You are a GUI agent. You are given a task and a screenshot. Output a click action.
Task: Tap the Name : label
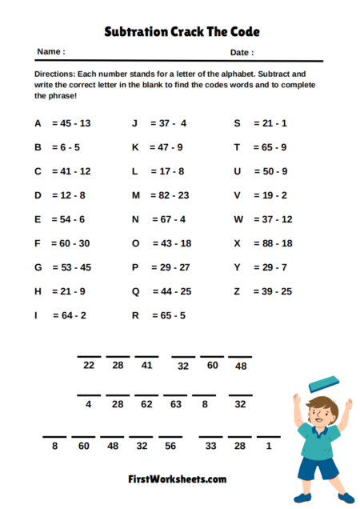(50, 52)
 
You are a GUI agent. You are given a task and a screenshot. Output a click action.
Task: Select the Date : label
(242, 52)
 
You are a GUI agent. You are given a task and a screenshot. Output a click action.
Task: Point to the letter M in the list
(135, 195)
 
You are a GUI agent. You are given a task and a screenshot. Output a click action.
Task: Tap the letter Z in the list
(237, 291)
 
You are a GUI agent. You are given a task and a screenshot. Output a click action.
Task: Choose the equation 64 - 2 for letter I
(70, 315)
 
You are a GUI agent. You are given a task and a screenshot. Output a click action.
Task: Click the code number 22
(89, 365)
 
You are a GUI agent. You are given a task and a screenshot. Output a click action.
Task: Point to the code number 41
(146, 365)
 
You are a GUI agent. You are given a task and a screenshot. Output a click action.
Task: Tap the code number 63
(175, 405)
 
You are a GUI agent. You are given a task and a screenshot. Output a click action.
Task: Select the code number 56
(170, 445)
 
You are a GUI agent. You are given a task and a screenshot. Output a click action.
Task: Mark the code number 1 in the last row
(269, 445)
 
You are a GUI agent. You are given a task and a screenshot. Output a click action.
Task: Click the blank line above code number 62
(146, 395)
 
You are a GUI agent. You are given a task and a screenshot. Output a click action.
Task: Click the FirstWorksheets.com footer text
(177, 479)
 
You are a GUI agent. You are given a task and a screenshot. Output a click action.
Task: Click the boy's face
(320, 411)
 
